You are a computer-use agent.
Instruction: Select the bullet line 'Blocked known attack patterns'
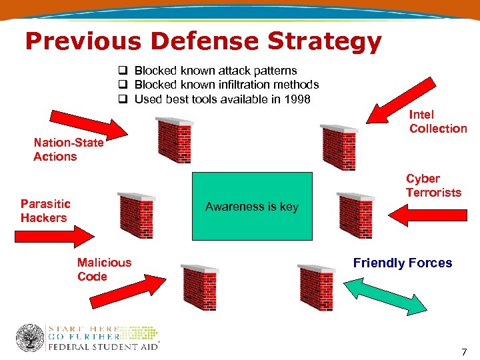pos(215,70)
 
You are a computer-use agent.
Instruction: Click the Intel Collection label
pos(437,122)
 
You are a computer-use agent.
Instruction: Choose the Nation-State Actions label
pos(68,149)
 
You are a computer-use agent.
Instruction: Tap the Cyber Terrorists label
pos(433,185)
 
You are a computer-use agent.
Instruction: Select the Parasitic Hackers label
pos(45,211)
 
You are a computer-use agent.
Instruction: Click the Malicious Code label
pos(104,269)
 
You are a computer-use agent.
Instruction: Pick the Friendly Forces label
pos(403,263)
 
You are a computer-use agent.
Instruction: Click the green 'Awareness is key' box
pos(252,207)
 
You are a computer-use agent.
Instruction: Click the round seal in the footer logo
pos(30,338)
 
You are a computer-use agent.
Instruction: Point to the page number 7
pos(463,351)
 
